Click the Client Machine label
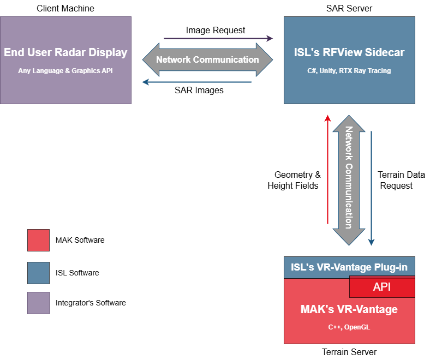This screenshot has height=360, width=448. click(x=65, y=8)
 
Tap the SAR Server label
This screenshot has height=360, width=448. click(x=349, y=8)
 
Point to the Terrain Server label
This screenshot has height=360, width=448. click(x=349, y=352)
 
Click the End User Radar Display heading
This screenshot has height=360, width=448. click(x=65, y=53)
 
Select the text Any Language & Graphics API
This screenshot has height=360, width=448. click(x=65, y=70)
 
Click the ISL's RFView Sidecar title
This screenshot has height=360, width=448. click(x=349, y=53)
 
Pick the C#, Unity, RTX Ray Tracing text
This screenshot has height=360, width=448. click(x=349, y=70)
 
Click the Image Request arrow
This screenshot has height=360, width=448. click(x=218, y=39)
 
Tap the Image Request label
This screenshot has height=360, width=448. click(x=216, y=30)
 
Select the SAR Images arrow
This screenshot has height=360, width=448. click(x=196, y=82)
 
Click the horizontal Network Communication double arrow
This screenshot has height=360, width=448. click(x=207, y=59)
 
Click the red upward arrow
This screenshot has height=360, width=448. click(x=327, y=169)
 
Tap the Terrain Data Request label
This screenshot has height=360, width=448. click(x=401, y=180)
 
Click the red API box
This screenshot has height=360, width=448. click(x=382, y=287)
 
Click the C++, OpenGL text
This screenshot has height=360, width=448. click(x=349, y=327)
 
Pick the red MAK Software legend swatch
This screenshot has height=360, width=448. click(x=38, y=240)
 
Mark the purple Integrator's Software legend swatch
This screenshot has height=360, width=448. click(x=38, y=303)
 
